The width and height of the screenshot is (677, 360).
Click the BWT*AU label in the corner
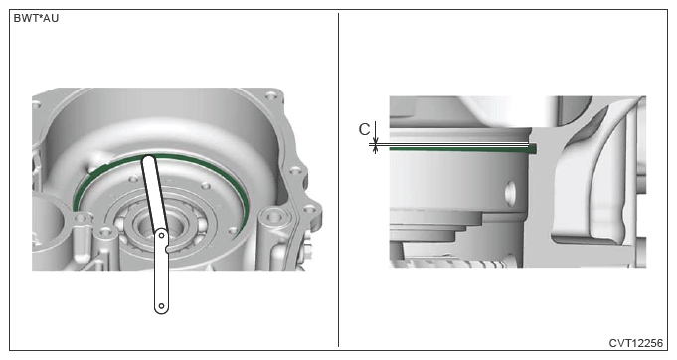tap(36, 19)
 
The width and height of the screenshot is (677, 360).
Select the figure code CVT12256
tap(635, 343)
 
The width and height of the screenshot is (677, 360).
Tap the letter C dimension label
tap(365, 129)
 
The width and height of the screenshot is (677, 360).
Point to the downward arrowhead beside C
tap(376, 140)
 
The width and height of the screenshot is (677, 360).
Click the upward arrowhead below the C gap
tap(376, 150)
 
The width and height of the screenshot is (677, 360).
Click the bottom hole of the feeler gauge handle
tap(161, 306)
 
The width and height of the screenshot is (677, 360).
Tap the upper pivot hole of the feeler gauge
tap(161, 236)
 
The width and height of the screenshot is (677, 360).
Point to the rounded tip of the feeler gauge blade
tap(148, 159)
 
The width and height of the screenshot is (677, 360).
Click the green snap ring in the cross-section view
tap(462, 149)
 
